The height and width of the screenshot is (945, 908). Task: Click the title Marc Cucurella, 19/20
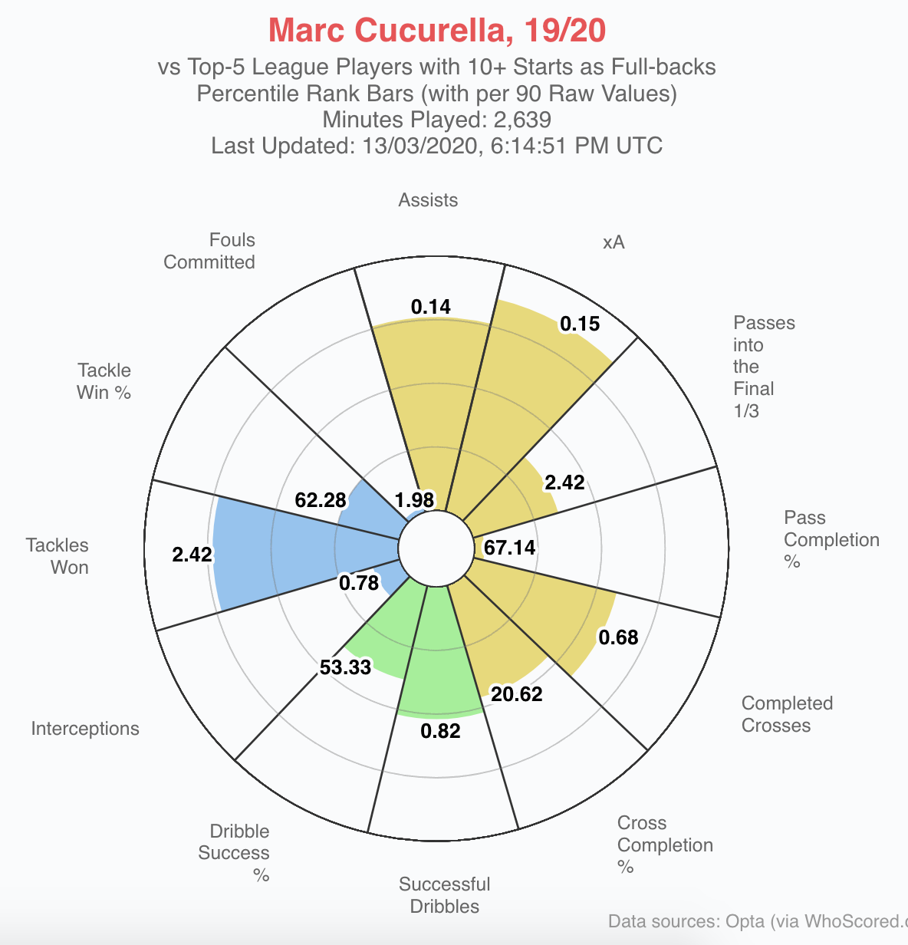(437, 31)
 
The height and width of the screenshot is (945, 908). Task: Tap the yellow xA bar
(529, 384)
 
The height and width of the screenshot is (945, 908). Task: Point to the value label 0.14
(431, 307)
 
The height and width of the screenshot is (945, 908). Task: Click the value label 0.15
(580, 324)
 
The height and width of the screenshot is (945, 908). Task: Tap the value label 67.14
(510, 548)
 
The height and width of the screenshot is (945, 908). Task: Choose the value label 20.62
(517, 695)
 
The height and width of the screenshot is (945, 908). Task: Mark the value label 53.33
(345, 667)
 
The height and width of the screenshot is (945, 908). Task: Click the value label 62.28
(321, 501)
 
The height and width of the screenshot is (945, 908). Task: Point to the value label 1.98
(414, 500)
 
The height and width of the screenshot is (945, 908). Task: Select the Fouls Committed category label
(209, 251)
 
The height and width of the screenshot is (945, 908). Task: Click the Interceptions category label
(85, 729)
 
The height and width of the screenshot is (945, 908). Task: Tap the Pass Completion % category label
(831, 539)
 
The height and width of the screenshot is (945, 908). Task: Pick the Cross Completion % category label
(665, 845)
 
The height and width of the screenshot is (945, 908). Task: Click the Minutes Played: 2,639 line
(437, 120)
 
